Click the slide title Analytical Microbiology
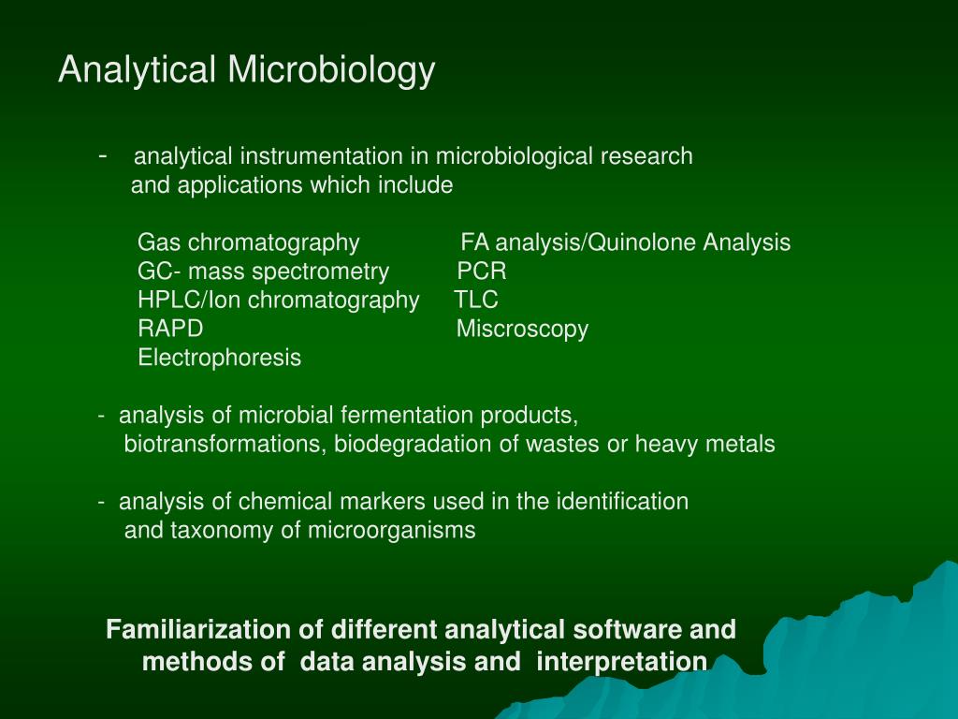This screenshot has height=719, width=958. pos(246,70)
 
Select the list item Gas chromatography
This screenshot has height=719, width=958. pos(248,243)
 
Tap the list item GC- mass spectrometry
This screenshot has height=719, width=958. pos(263,272)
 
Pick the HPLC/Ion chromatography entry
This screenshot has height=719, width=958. pos(279,301)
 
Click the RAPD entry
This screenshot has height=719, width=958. pos(170,330)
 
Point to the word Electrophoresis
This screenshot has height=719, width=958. pos(220,358)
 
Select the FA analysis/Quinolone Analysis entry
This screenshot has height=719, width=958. pos(625,243)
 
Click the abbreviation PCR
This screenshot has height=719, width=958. pos(482,272)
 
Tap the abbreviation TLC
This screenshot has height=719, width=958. pos(477,301)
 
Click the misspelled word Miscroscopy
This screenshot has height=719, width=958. pos(522,330)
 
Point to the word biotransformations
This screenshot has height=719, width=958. pos(225,445)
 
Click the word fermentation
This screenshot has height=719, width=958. pos(413,416)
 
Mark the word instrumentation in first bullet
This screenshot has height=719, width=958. pos(324,156)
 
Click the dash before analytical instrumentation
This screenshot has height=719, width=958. pos(103,154)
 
